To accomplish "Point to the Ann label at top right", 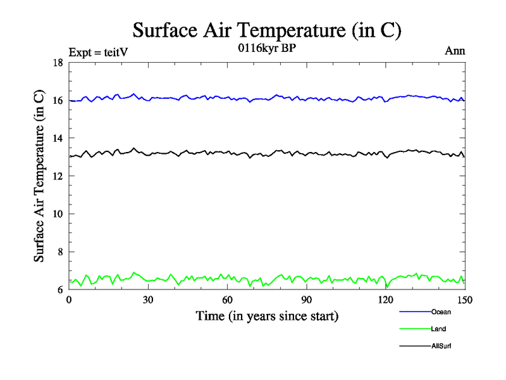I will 455,51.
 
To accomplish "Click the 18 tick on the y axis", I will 58,63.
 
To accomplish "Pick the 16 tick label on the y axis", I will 58,101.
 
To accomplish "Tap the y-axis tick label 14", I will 58,138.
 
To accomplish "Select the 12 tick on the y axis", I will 58,176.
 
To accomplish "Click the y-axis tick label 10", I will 58,214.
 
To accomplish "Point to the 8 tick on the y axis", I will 59,252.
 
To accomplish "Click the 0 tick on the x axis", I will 69,300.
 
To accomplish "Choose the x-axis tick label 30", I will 148,300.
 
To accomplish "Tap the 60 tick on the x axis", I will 227,300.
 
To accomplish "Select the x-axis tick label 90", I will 307,300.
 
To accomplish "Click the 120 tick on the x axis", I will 386,300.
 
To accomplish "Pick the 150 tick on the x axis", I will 465,300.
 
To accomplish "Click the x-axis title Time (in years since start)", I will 267,315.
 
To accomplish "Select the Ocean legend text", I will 441,312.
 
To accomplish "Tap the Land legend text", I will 439,329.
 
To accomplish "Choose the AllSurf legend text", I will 442,346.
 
